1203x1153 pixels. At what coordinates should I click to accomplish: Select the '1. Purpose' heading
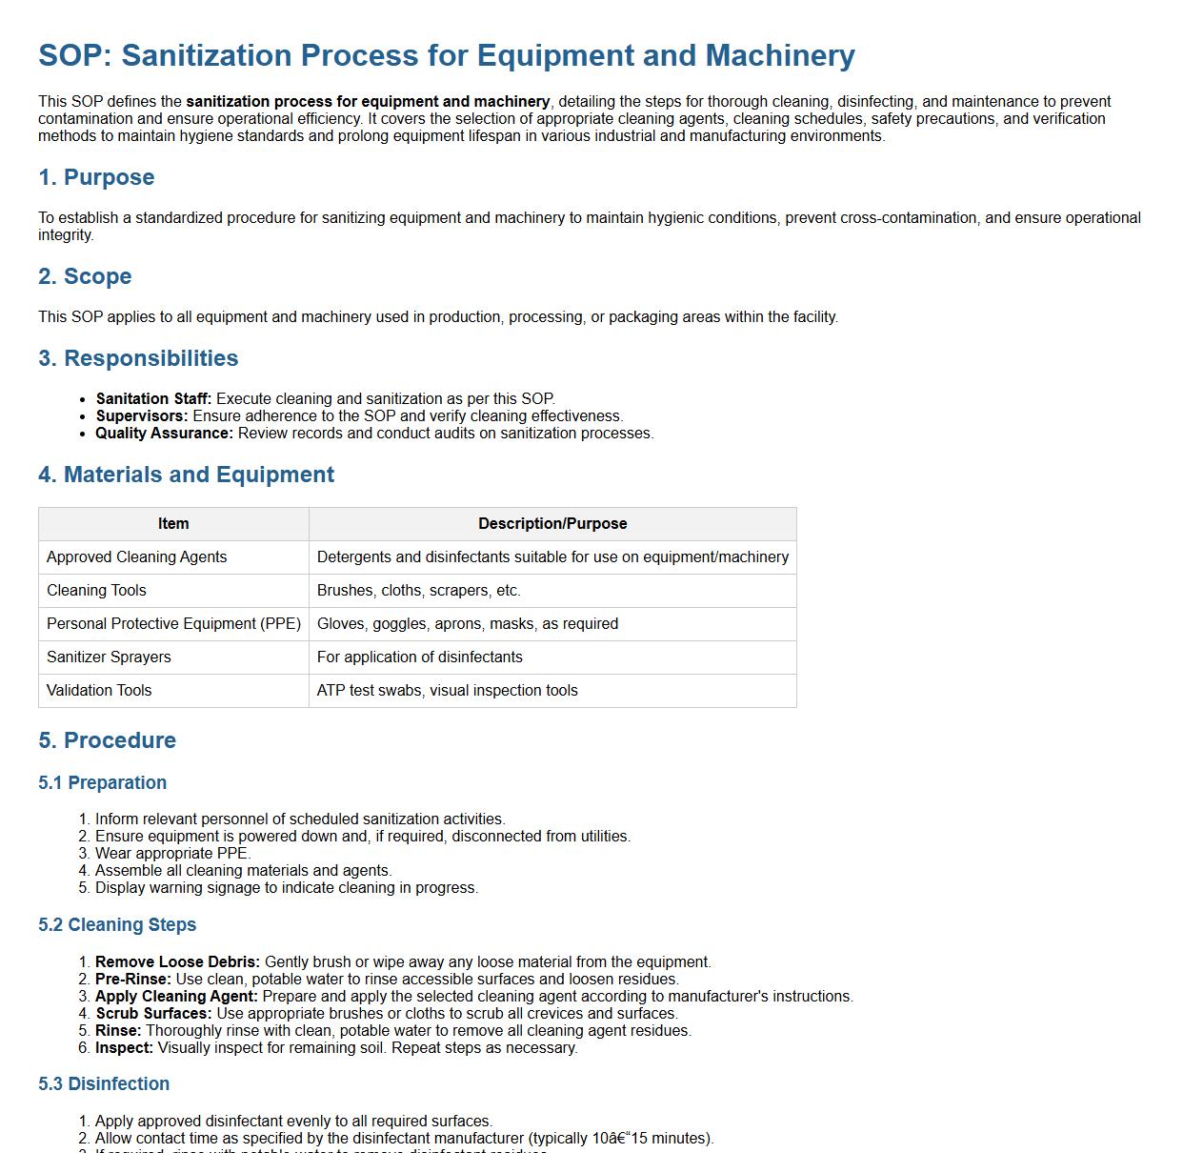coord(96,177)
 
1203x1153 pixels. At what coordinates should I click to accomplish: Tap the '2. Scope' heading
coord(85,276)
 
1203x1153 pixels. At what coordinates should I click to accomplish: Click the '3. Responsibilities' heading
coord(138,358)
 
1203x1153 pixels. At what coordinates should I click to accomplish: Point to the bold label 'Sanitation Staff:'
coord(153,399)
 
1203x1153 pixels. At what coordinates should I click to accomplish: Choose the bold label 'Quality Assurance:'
coord(164,434)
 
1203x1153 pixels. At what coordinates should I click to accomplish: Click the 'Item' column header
coord(173,524)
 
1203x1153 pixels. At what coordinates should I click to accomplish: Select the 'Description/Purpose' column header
coord(552,524)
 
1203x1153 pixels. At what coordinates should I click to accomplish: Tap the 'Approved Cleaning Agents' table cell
coord(136,557)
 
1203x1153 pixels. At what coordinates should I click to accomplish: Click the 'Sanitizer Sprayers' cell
coord(109,657)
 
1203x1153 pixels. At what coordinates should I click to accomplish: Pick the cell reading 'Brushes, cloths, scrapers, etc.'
coord(419,591)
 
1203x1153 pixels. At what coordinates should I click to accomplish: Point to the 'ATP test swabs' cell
coord(448,691)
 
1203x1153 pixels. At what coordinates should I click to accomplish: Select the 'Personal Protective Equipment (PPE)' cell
coord(173,624)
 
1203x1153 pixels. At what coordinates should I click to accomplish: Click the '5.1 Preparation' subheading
coord(103,783)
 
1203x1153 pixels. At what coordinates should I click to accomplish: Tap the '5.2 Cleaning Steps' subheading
coord(117,925)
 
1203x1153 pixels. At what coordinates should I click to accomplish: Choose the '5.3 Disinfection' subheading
coord(104,1084)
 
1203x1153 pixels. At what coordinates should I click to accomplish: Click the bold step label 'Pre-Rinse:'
coord(133,980)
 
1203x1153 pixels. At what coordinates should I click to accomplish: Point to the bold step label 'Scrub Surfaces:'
coord(153,1014)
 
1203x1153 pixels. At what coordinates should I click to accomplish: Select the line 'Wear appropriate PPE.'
coord(172,854)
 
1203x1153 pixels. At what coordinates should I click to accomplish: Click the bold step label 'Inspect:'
coord(124,1048)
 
